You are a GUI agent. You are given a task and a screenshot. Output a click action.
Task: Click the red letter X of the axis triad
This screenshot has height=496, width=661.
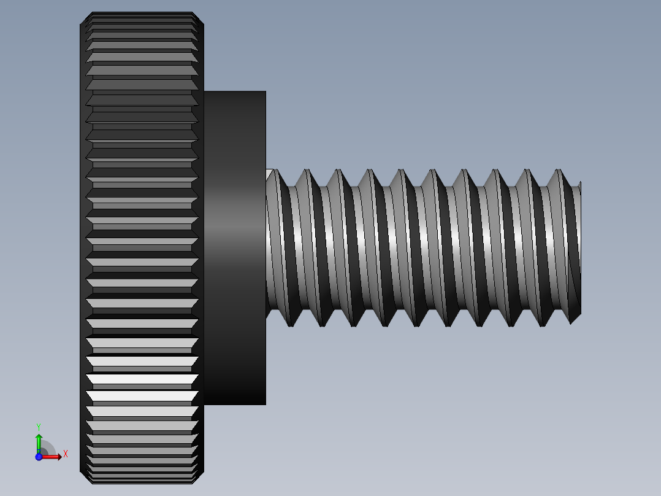(66, 454)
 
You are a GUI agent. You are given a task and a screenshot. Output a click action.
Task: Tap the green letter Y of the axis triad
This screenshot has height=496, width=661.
(39, 426)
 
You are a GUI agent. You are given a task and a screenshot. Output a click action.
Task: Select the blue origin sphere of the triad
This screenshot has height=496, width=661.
(39, 456)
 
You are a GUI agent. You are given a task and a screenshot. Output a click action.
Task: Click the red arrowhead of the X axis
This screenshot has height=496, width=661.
(58, 456)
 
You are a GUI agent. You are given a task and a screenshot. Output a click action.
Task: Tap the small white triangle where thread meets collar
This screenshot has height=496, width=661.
(269, 174)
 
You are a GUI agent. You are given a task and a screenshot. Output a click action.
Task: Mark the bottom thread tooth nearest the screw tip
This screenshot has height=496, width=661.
(571, 320)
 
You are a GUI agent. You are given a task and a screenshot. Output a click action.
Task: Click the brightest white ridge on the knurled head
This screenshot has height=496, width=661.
(142, 379)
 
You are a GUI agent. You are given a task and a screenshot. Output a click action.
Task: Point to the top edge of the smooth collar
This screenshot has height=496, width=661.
(235, 91)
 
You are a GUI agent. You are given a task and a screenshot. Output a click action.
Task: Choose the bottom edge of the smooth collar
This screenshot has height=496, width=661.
(235, 405)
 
